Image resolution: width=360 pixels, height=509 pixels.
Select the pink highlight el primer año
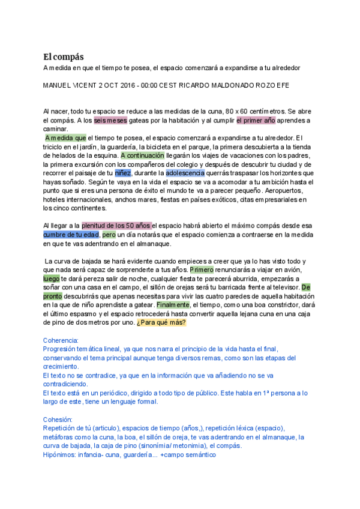256,120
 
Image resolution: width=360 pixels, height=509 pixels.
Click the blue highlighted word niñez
122,173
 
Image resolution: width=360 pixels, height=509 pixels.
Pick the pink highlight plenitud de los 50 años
116,226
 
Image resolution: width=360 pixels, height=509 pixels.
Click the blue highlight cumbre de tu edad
71,235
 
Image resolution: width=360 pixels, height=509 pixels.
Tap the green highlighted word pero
109,235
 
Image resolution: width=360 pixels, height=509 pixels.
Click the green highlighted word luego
52,279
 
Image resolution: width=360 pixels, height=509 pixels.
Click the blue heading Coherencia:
61,340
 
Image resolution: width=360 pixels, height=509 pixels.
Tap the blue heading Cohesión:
58,420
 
